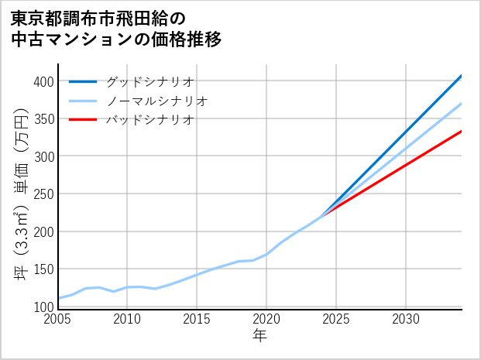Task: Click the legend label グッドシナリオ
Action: pyautogui.click(x=149, y=81)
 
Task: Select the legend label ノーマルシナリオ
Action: pyautogui.click(x=156, y=101)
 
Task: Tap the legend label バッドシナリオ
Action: pyautogui.click(x=149, y=120)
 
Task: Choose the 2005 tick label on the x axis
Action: pyautogui.click(x=58, y=319)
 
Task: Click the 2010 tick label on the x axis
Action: pyautogui.click(x=128, y=319)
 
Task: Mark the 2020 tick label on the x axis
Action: pyautogui.click(x=266, y=319)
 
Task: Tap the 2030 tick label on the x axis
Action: pyautogui.click(x=406, y=319)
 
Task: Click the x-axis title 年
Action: pyautogui.click(x=260, y=336)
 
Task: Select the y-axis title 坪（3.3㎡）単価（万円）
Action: pyautogui.click(x=22, y=194)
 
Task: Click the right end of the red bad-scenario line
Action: pyautogui.click(x=462, y=131)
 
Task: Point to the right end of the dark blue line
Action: pyautogui.click(x=462, y=75)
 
